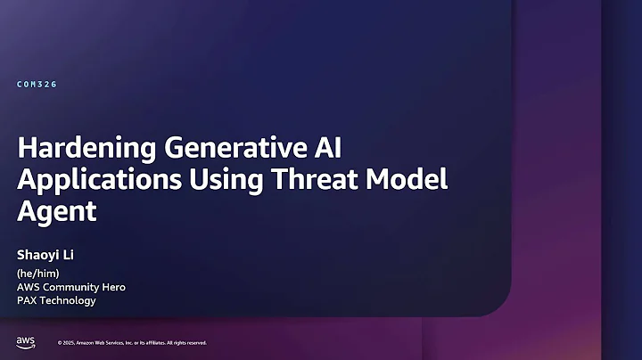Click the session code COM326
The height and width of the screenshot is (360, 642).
[37, 85]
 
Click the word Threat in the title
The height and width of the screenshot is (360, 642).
[308, 180]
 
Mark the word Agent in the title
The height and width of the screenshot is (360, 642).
[56, 212]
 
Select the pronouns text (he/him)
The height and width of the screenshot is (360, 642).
[38, 274]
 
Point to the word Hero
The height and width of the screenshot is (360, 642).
[112, 287]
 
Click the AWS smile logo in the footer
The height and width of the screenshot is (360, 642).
[25, 342]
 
